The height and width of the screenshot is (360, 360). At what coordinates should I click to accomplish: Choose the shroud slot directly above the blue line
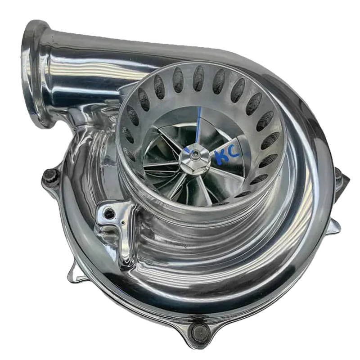(x=198, y=77)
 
